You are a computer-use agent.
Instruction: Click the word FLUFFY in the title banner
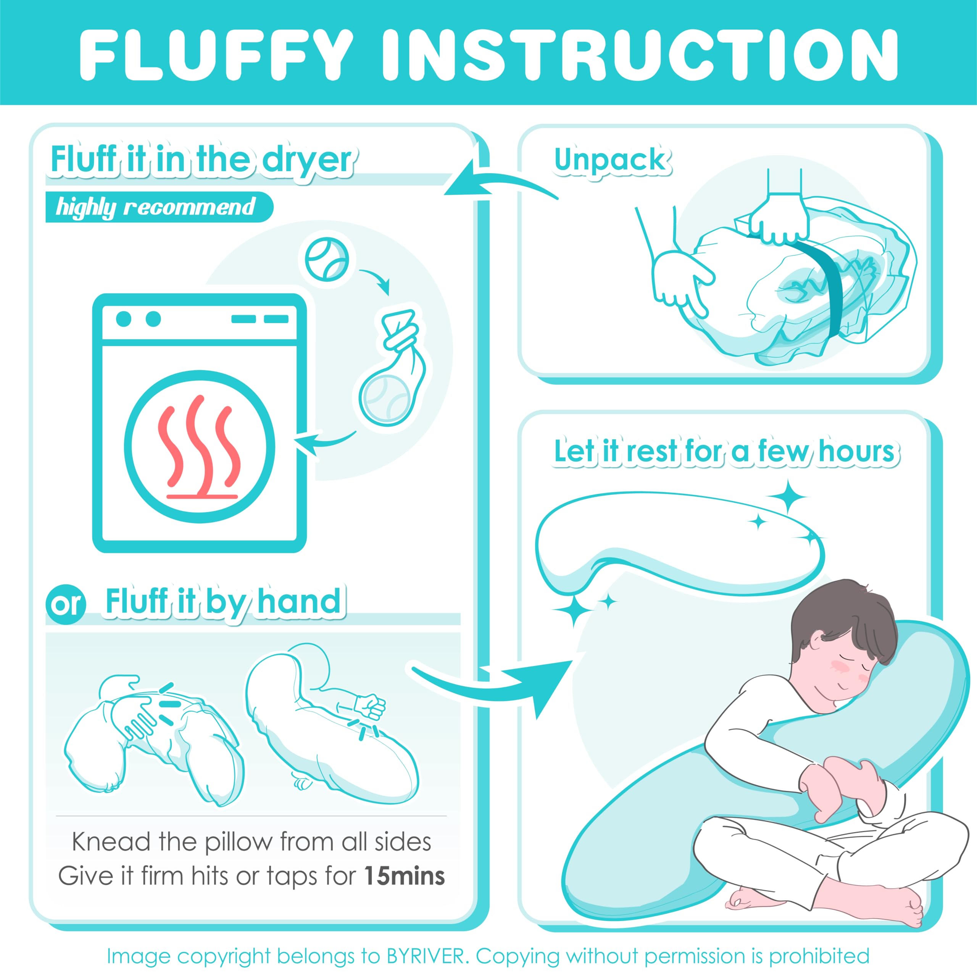(x=216, y=54)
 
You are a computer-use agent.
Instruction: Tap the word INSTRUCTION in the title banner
(x=640, y=54)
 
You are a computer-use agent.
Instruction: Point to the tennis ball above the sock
(x=327, y=258)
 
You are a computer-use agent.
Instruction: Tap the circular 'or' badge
(x=66, y=604)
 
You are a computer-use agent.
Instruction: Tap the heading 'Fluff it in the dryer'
(x=202, y=161)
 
